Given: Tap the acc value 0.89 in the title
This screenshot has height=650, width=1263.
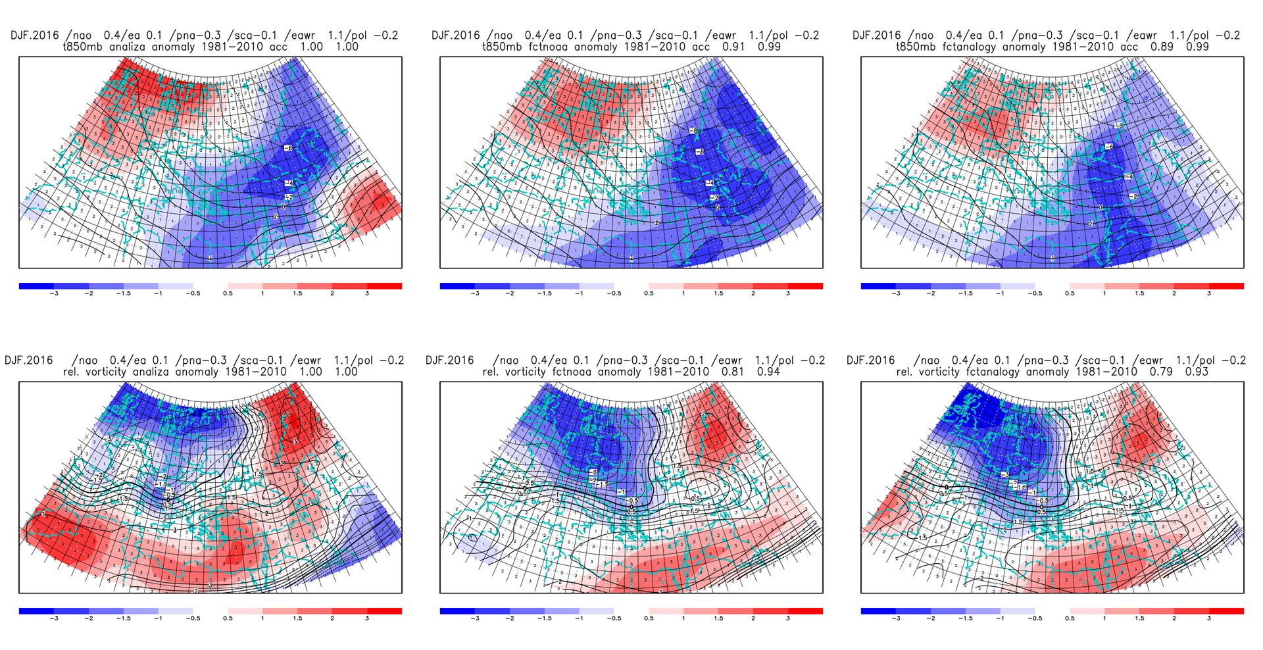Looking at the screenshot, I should pyautogui.click(x=1162, y=47).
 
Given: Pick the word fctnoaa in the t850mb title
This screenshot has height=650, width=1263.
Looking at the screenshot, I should pyautogui.click(x=549, y=47).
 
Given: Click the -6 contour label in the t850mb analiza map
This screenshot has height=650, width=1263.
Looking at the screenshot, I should pyautogui.click(x=288, y=148).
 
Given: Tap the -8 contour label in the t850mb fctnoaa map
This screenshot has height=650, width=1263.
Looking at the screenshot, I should pyautogui.click(x=693, y=131).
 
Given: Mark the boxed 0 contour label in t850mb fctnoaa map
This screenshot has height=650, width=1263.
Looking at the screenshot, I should pyautogui.click(x=717, y=208).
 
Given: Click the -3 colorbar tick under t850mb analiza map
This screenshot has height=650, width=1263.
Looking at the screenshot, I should pyautogui.click(x=54, y=293).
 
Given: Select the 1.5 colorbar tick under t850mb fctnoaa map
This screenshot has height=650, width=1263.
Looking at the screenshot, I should pyautogui.click(x=718, y=293).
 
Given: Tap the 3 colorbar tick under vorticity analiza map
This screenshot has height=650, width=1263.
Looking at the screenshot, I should pyautogui.click(x=367, y=618).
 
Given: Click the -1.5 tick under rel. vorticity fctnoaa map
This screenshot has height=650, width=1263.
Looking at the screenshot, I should pyautogui.click(x=544, y=618).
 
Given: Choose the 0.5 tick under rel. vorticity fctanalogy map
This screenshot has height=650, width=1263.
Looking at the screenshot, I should pyautogui.click(x=1070, y=618).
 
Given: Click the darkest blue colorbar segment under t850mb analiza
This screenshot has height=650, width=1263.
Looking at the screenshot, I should pyautogui.click(x=36, y=286).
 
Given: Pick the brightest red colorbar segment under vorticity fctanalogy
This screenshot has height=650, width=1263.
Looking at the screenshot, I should pyautogui.click(x=1226, y=611).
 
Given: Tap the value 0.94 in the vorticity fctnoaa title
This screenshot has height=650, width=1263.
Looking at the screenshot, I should pyautogui.click(x=768, y=372).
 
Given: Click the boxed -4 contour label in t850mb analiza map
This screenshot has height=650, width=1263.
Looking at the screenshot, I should pyautogui.click(x=288, y=183).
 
